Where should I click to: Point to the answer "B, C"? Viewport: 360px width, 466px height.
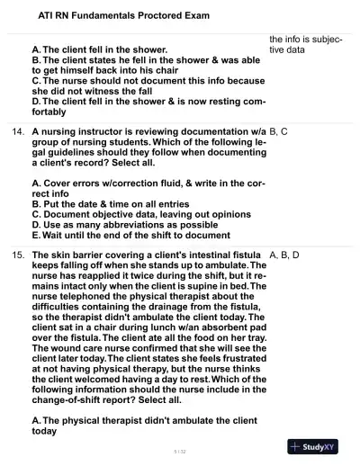(x=278, y=132)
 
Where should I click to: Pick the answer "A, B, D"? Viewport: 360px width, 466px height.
(x=283, y=255)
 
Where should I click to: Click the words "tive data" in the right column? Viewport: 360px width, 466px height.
(x=288, y=50)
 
